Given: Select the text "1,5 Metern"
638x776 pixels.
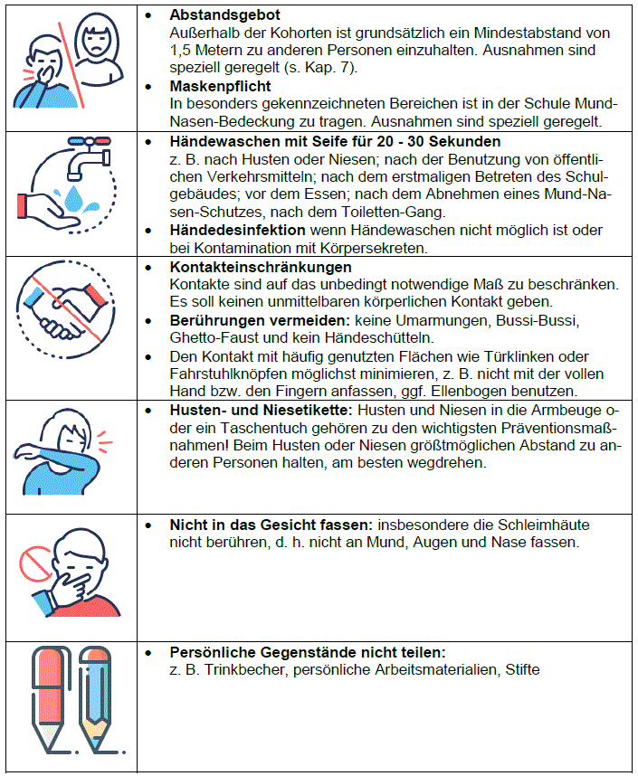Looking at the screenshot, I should tap(211, 51).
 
